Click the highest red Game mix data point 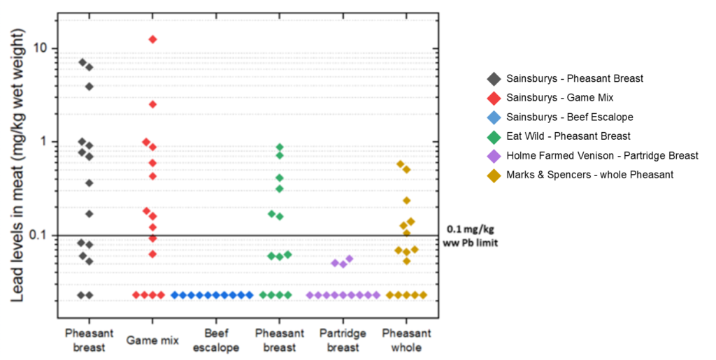pos(152,39)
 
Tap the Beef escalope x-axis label pos(217,340)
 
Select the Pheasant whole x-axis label pos(406,340)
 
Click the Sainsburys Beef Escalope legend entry pos(569,117)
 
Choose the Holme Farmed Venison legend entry pos(601,155)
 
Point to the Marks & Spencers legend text pos(589,175)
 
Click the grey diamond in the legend pos(493,79)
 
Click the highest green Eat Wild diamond pos(280,147)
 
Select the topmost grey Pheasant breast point pos(83,62)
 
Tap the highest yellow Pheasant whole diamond pos(401,164)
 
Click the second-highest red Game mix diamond pos(152,104)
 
